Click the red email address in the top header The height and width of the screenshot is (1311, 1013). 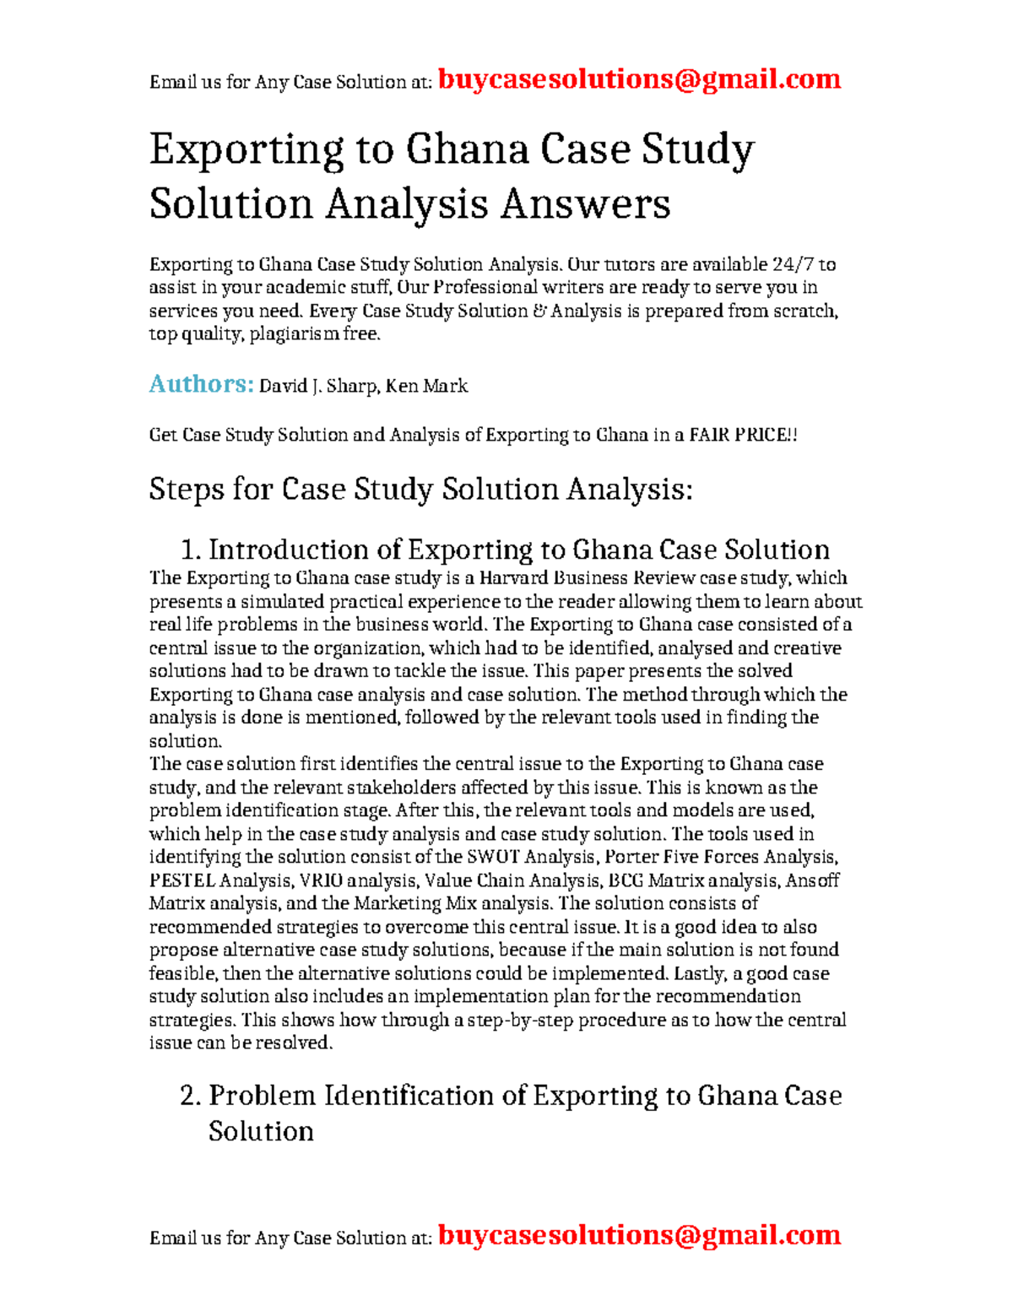tap(639, 79)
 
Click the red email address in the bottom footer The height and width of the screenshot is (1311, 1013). tap(639, 1235)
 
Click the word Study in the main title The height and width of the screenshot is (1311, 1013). tap(697, 150)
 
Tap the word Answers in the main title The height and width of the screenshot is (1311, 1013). tap(585, 204)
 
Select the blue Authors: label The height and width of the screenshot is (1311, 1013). tap(201, 384)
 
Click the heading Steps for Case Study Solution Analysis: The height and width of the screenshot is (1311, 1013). tap(420, 490)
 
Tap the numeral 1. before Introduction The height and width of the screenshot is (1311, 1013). tap(191, 550)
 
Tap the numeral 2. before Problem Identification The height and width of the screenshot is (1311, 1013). tap(191, 1096)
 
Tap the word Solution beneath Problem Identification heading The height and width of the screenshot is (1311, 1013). tap(261, 1131)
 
